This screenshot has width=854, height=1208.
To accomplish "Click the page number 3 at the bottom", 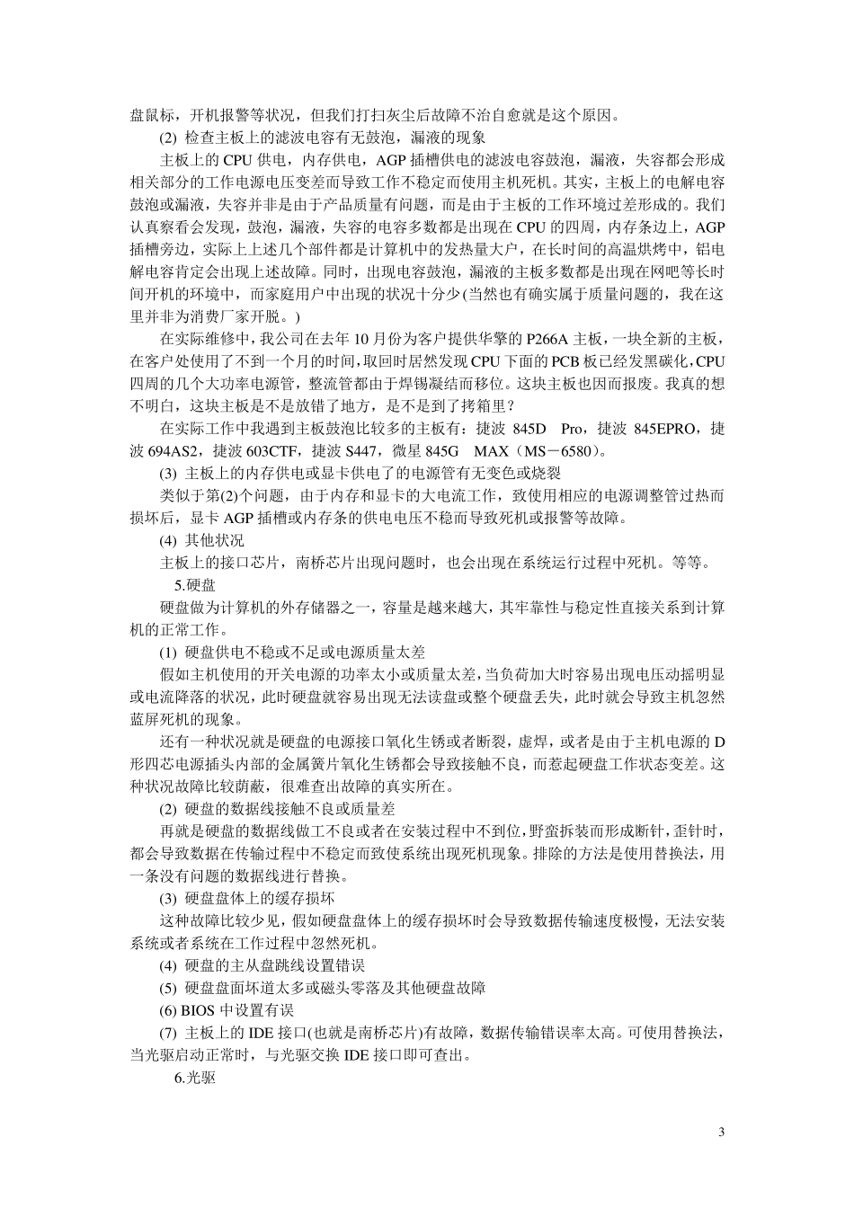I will pyautogui.click(x=721, y=1131).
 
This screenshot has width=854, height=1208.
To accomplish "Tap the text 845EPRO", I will pyautogui.click(x=664, y=429).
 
